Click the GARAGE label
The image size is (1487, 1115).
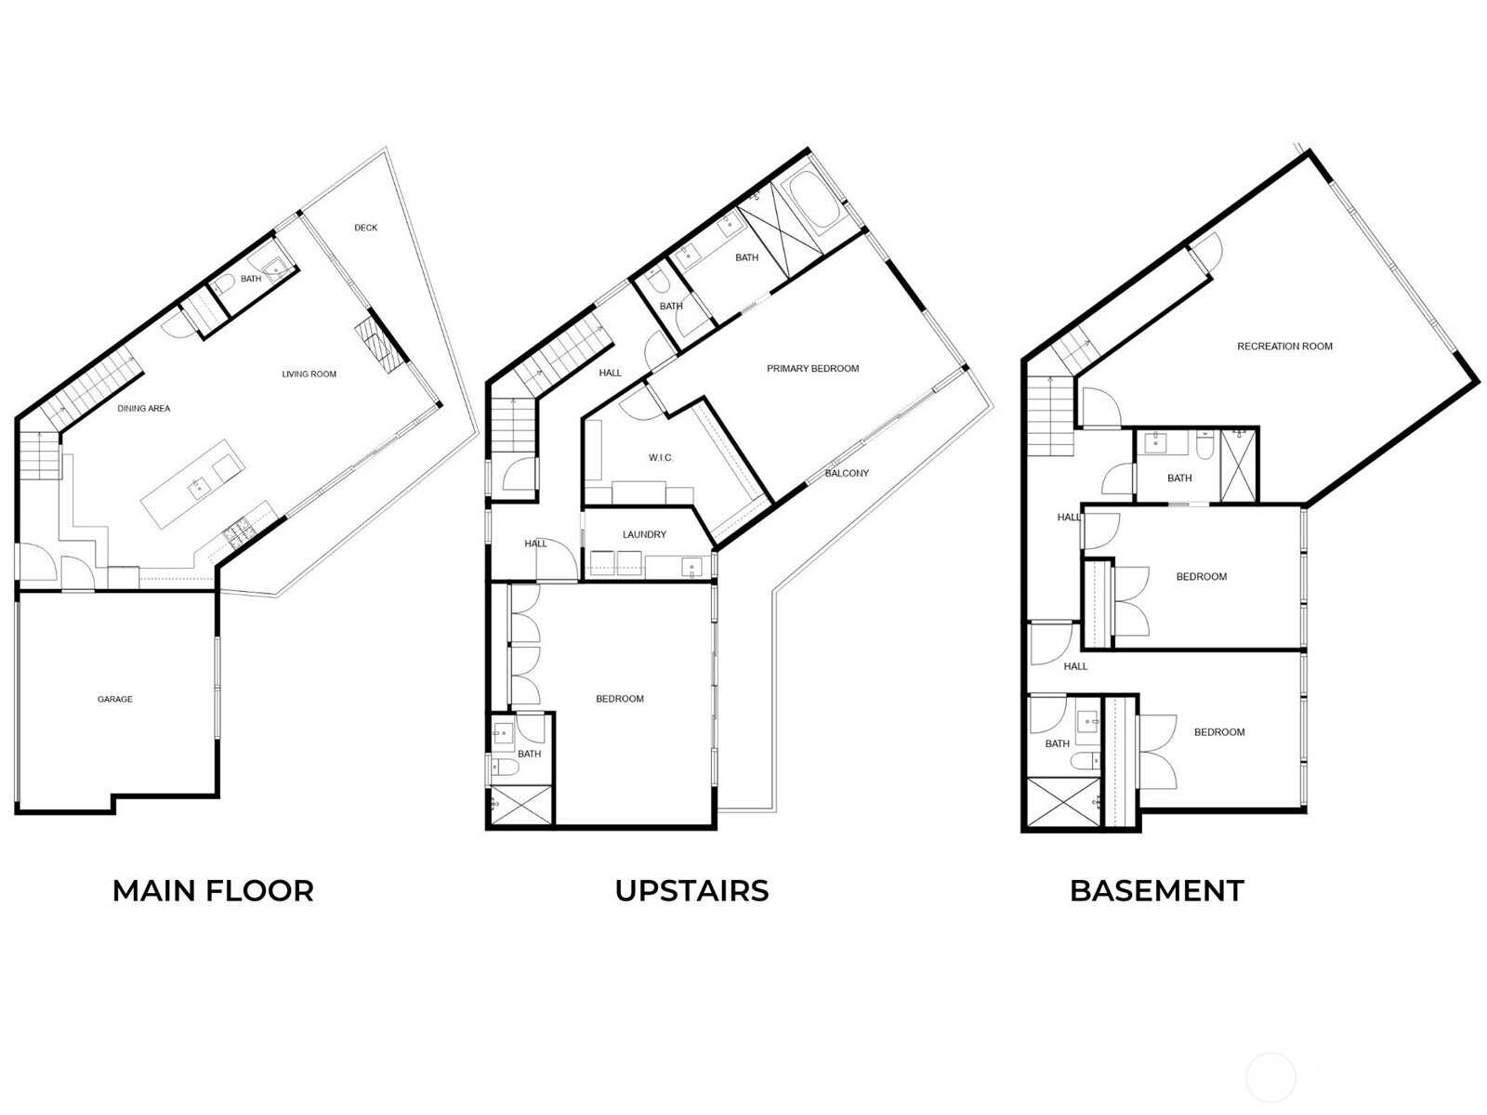point(114,699)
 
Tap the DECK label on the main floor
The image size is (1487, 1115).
point(366,228)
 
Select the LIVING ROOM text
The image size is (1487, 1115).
point(309,374)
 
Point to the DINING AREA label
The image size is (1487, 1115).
point(144,408)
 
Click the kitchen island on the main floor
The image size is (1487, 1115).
point(192,483)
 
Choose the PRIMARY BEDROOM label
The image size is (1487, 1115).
point(812,368)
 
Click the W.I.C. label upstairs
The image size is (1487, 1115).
point(661,458)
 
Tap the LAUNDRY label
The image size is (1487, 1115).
point(644,534)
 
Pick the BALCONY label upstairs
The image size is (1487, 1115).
point(846,473)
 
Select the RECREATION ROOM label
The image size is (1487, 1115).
point(1284,346)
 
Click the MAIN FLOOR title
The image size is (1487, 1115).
point(213,891)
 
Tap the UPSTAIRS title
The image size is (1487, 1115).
point(691,891)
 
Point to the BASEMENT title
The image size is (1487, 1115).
point(1156,891)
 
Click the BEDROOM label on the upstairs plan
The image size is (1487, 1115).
point(620,699)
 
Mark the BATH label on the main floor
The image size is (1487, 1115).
point(251,278)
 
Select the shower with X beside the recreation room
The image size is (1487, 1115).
point(1238,466)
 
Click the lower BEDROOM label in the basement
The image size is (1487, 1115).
point(1219,732)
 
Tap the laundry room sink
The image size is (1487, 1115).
point(691,566)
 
